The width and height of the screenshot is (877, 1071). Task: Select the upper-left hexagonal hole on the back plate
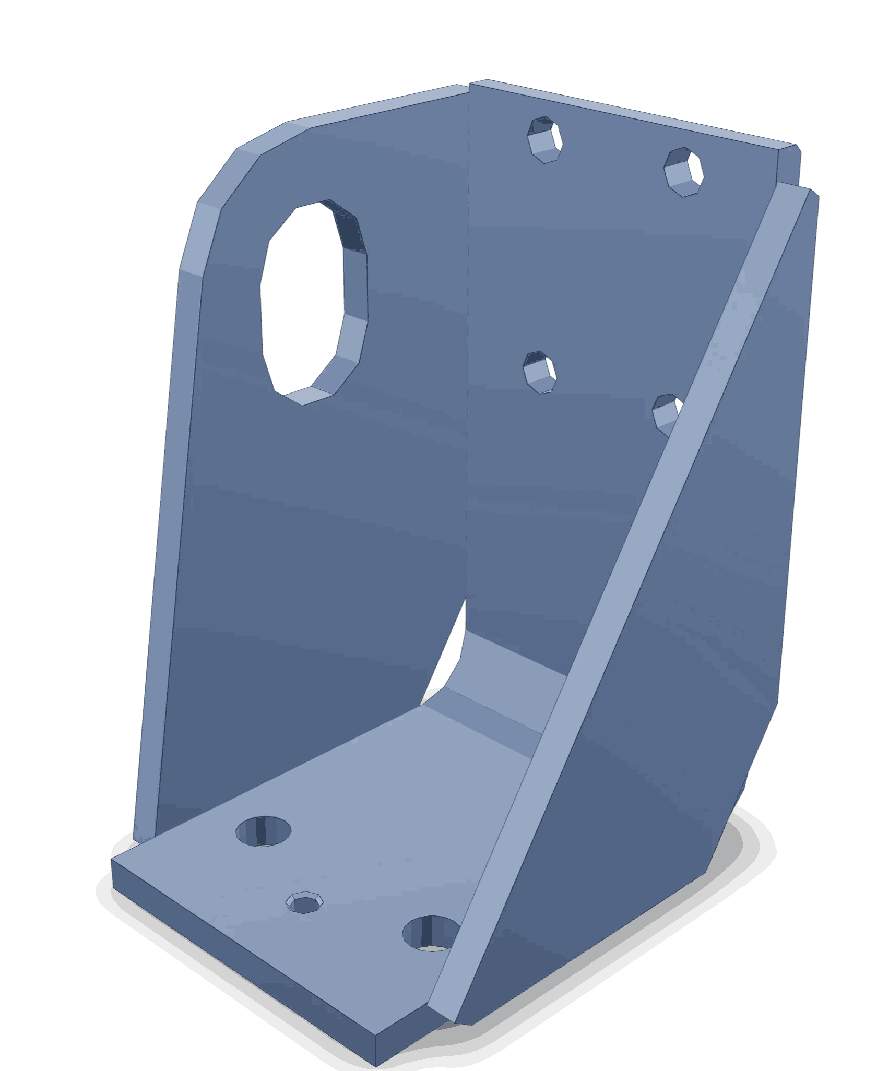click(546, 140)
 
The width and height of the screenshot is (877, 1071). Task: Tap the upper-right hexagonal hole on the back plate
click(684, 172)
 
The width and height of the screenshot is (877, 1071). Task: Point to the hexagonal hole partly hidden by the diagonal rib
click(666, 412)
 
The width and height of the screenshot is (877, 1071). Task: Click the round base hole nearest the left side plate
click(264, 830)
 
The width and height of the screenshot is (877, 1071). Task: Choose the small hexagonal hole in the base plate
click(304, 902)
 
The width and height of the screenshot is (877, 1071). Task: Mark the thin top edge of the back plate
click(626, 112)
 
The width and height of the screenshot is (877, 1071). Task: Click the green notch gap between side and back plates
click(449, 652)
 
